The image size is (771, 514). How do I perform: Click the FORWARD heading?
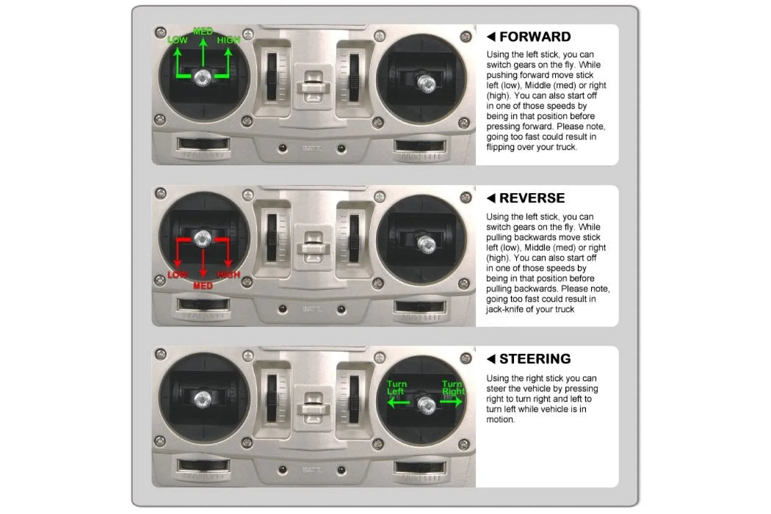click(x=535, y=37)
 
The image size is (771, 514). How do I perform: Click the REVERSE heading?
click(x=532, y=198)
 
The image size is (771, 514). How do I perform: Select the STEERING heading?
click(x=535, y=359)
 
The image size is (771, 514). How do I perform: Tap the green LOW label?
click(x=178, y=40)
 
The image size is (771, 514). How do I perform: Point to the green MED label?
click(x=203, y=31)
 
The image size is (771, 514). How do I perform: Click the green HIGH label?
click(x=228, y=40)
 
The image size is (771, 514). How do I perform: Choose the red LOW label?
click(x=178, y=275)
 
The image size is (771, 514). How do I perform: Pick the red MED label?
click(x=203, y=286)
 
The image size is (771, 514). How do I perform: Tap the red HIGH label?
click(x=228, y=275)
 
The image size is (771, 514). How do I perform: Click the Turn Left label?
click(x=397, y=388)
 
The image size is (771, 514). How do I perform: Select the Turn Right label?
click(x=453, y=388)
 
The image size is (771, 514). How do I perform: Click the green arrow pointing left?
click(x=398, y=403)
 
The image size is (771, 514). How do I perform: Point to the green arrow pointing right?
click(x=452, y=402)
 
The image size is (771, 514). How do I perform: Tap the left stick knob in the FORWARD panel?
click(x=202, y=78)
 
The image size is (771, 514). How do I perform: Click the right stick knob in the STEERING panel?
click(x=426, y=405)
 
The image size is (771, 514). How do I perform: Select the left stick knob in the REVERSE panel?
click(x=202, y=238)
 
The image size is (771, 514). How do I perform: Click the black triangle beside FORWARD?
click(x=491, y=37)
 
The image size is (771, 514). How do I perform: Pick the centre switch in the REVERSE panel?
click(x=313, y=245)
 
